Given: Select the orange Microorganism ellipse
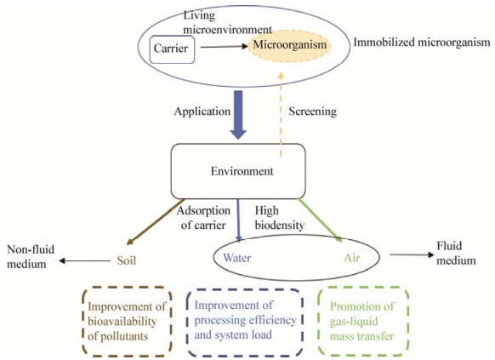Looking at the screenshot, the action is tap(290, 45).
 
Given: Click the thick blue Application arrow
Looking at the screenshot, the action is tap(238, 115).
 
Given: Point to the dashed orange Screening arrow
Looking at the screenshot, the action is tap(281, 115).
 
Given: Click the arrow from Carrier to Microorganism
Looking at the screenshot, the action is tap(225, 47).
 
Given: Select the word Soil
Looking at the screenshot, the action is tap(126, 260).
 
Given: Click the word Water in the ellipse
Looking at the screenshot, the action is tap(237, 258).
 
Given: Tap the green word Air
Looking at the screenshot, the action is tap(351, 258).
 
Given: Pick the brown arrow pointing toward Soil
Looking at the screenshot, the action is tap(156, 222).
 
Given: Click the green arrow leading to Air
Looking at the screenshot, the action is tap(320, 220).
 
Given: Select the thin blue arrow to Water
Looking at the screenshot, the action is tap(238, 220).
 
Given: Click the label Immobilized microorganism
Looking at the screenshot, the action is tap(422, 43).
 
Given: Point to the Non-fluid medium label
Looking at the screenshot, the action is tap(31, 256).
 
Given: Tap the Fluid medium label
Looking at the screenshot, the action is tap(456, 254).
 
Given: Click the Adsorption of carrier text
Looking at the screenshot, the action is tap(203, 218).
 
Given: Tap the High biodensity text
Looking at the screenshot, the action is tap(280, 218).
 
